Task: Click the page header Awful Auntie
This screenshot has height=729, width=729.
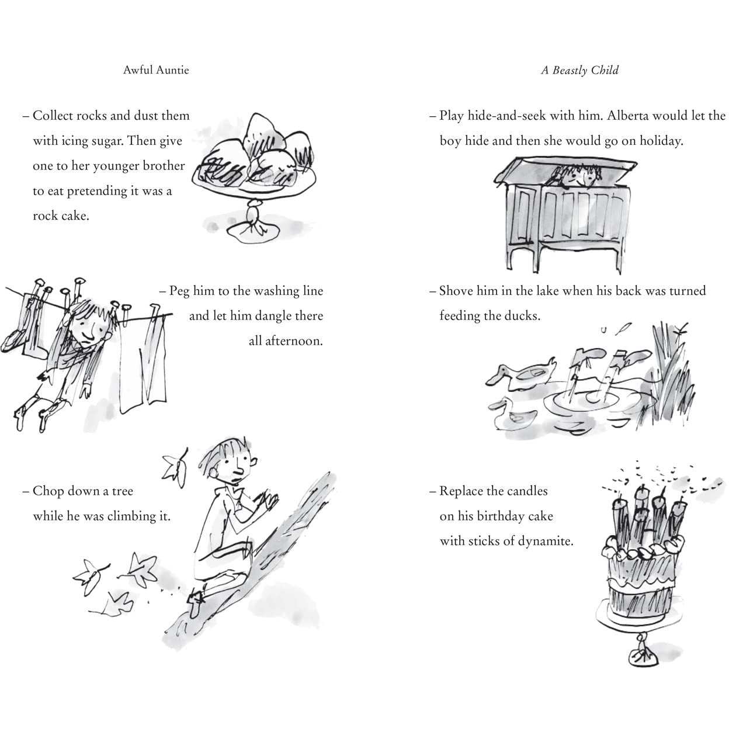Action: pyautogui.click(x=156, y=70)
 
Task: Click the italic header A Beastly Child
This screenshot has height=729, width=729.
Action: pyautogui.click(x=580, y=70)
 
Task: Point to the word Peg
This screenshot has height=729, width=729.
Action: pyautogui.click(x=179, y=291)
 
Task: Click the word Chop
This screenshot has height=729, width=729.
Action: pyautogui.click(x=48, y=491)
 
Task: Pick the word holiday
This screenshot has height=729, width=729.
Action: pyautogui.click(x=661, y=141)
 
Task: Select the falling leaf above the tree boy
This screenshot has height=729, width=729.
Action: pyautogui.click(x=175, y=468)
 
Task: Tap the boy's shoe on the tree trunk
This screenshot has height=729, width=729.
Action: pyautogui.click(x=195, y=603)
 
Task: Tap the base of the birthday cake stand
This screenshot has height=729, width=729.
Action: pyautogui.click(x=643, y=659)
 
